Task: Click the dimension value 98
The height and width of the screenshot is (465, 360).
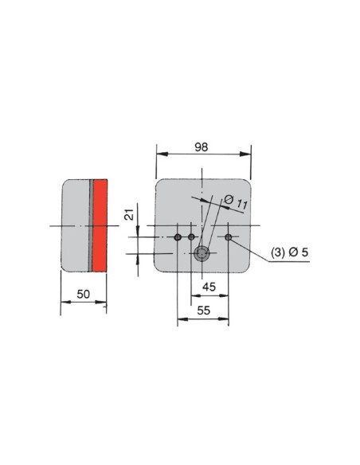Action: coord(202,147)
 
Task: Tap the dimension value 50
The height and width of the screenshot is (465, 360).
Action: coord(83,294)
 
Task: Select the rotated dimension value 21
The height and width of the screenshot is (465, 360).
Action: coord(129,214)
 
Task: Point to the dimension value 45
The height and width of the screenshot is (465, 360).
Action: coord(209,287)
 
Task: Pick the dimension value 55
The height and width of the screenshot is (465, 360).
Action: coord(203,311)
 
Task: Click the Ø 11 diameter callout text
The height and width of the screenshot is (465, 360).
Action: coord(236,202)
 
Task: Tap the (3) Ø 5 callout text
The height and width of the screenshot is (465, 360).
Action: coord(289,252)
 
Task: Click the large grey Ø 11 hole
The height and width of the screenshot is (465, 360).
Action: coord(202,253)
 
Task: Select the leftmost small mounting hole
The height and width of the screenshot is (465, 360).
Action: coord(178,237)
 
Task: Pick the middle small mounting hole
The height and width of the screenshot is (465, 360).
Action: coord(192,237)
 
